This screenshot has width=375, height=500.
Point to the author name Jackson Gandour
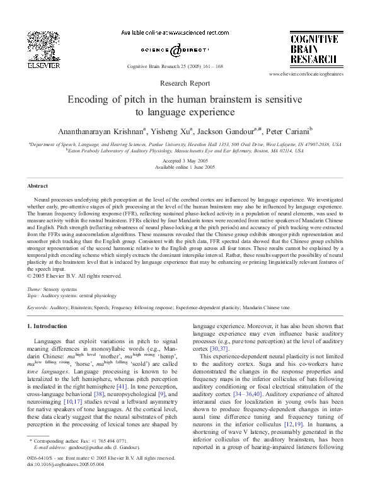tap(231, 131)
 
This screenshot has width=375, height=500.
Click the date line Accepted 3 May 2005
tap(187, 161)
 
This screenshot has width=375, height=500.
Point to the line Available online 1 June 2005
tap(187, 168)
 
